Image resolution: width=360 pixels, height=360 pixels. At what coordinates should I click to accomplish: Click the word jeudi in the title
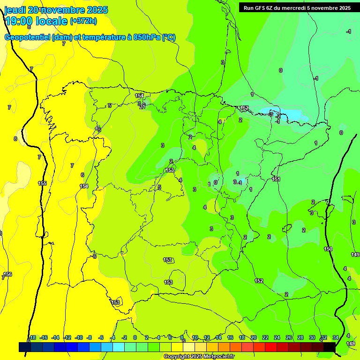click(x=15, y=10)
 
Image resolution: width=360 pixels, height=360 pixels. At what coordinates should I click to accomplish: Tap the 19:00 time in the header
click(x=18, y=21)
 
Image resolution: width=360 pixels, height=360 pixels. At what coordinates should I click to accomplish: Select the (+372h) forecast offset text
click(x=83, y=21)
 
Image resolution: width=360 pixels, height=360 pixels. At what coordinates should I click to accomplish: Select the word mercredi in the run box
click(x=305, y=8)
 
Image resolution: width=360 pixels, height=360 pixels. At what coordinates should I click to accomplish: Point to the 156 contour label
click(x=8, y=274)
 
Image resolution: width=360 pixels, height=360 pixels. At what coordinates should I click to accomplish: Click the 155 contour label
click(x=42, y=183)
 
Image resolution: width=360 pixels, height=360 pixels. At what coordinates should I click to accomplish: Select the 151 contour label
click(x=276, y=179)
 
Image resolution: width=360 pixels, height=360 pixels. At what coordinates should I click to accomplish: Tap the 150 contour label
click(x=328, y=249)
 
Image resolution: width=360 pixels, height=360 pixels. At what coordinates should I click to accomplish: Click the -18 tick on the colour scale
click(x=32, y=337)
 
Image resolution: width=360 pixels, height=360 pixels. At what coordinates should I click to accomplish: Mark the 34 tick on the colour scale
click(x=335, y=337)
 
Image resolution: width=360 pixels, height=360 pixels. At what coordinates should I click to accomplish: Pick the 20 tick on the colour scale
click(x=254, y=337)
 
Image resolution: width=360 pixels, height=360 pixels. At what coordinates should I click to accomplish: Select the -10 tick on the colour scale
click(x=79, y=337)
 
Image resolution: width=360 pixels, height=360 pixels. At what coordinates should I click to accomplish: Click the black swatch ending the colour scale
click(x=330, y=347)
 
